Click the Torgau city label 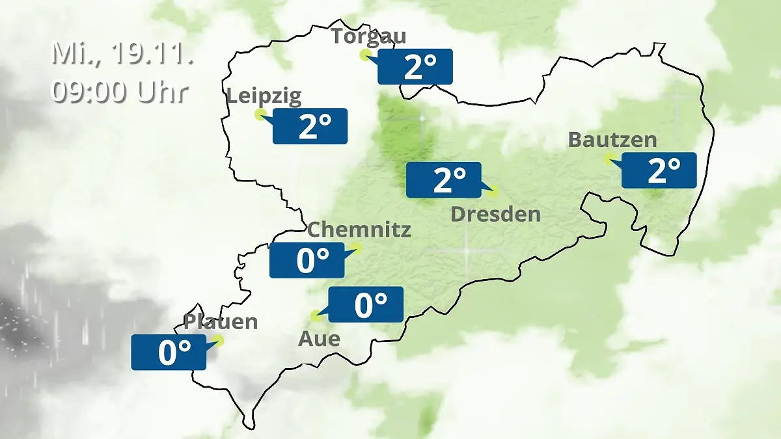(x=368, y=36)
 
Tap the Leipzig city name (x=264, y=97)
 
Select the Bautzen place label (x=612, y=139)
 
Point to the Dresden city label (x=496, y=214)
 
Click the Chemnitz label (x=359, y=229)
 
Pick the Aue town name (x=319, y=339)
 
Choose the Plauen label (x=221, y=321)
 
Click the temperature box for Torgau (x=415, y=66)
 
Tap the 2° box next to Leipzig (x=310, y=126)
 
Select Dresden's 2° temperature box (x=444, y=180)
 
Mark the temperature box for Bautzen (x=659, y=170)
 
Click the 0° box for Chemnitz (x=307, y=260)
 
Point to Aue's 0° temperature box (x=366, y=304)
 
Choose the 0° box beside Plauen (x=169, y=353)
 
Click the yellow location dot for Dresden (x=493, y=191)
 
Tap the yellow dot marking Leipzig (x=260, y=114)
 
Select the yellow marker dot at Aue (x=316, y=316)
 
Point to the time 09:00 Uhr (x=120, y=92)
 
